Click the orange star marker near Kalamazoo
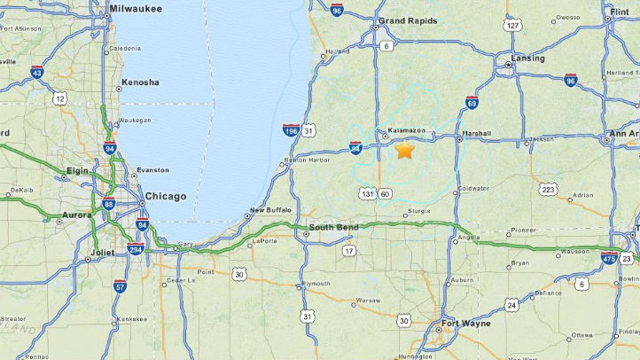click(404, 150)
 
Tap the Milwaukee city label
click(135, 8)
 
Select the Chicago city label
click(166, 196)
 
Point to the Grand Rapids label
click(408, 20)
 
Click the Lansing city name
click(527, 59)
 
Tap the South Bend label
click(335, 228)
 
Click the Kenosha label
click(140, 82)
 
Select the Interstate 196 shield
click(291, 130)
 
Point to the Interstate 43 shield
click(37, 72)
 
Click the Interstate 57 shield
click(120, 286)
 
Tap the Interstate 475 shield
click(609, 257)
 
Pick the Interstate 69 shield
click(472, 103)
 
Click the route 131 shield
click(368, 193)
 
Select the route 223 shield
click(549, 190)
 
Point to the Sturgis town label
click(418, 212)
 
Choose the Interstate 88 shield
click(107, 204)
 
